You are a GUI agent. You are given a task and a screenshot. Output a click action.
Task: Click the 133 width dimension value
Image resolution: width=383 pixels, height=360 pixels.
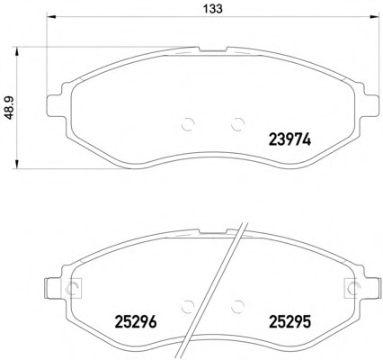point(213,9)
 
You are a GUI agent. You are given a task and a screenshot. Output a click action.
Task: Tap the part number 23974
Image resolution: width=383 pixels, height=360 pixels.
point(290,139)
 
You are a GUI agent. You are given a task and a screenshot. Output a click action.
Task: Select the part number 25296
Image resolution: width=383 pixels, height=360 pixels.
point(136,322)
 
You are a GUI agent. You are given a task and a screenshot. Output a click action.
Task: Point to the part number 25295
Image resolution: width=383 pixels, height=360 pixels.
point(290,322)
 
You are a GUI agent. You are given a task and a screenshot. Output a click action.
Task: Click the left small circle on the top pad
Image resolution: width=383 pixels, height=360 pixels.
point(188,124)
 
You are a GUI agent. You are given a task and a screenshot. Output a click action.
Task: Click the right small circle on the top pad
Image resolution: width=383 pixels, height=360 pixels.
point(238,124)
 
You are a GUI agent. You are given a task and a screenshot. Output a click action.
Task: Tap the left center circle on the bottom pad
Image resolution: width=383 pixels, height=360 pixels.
point(188,306)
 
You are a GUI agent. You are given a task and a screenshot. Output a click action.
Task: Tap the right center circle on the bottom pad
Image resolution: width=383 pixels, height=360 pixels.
point(238,306)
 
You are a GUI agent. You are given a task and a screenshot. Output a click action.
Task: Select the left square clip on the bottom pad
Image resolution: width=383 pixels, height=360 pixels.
point(71,288)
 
